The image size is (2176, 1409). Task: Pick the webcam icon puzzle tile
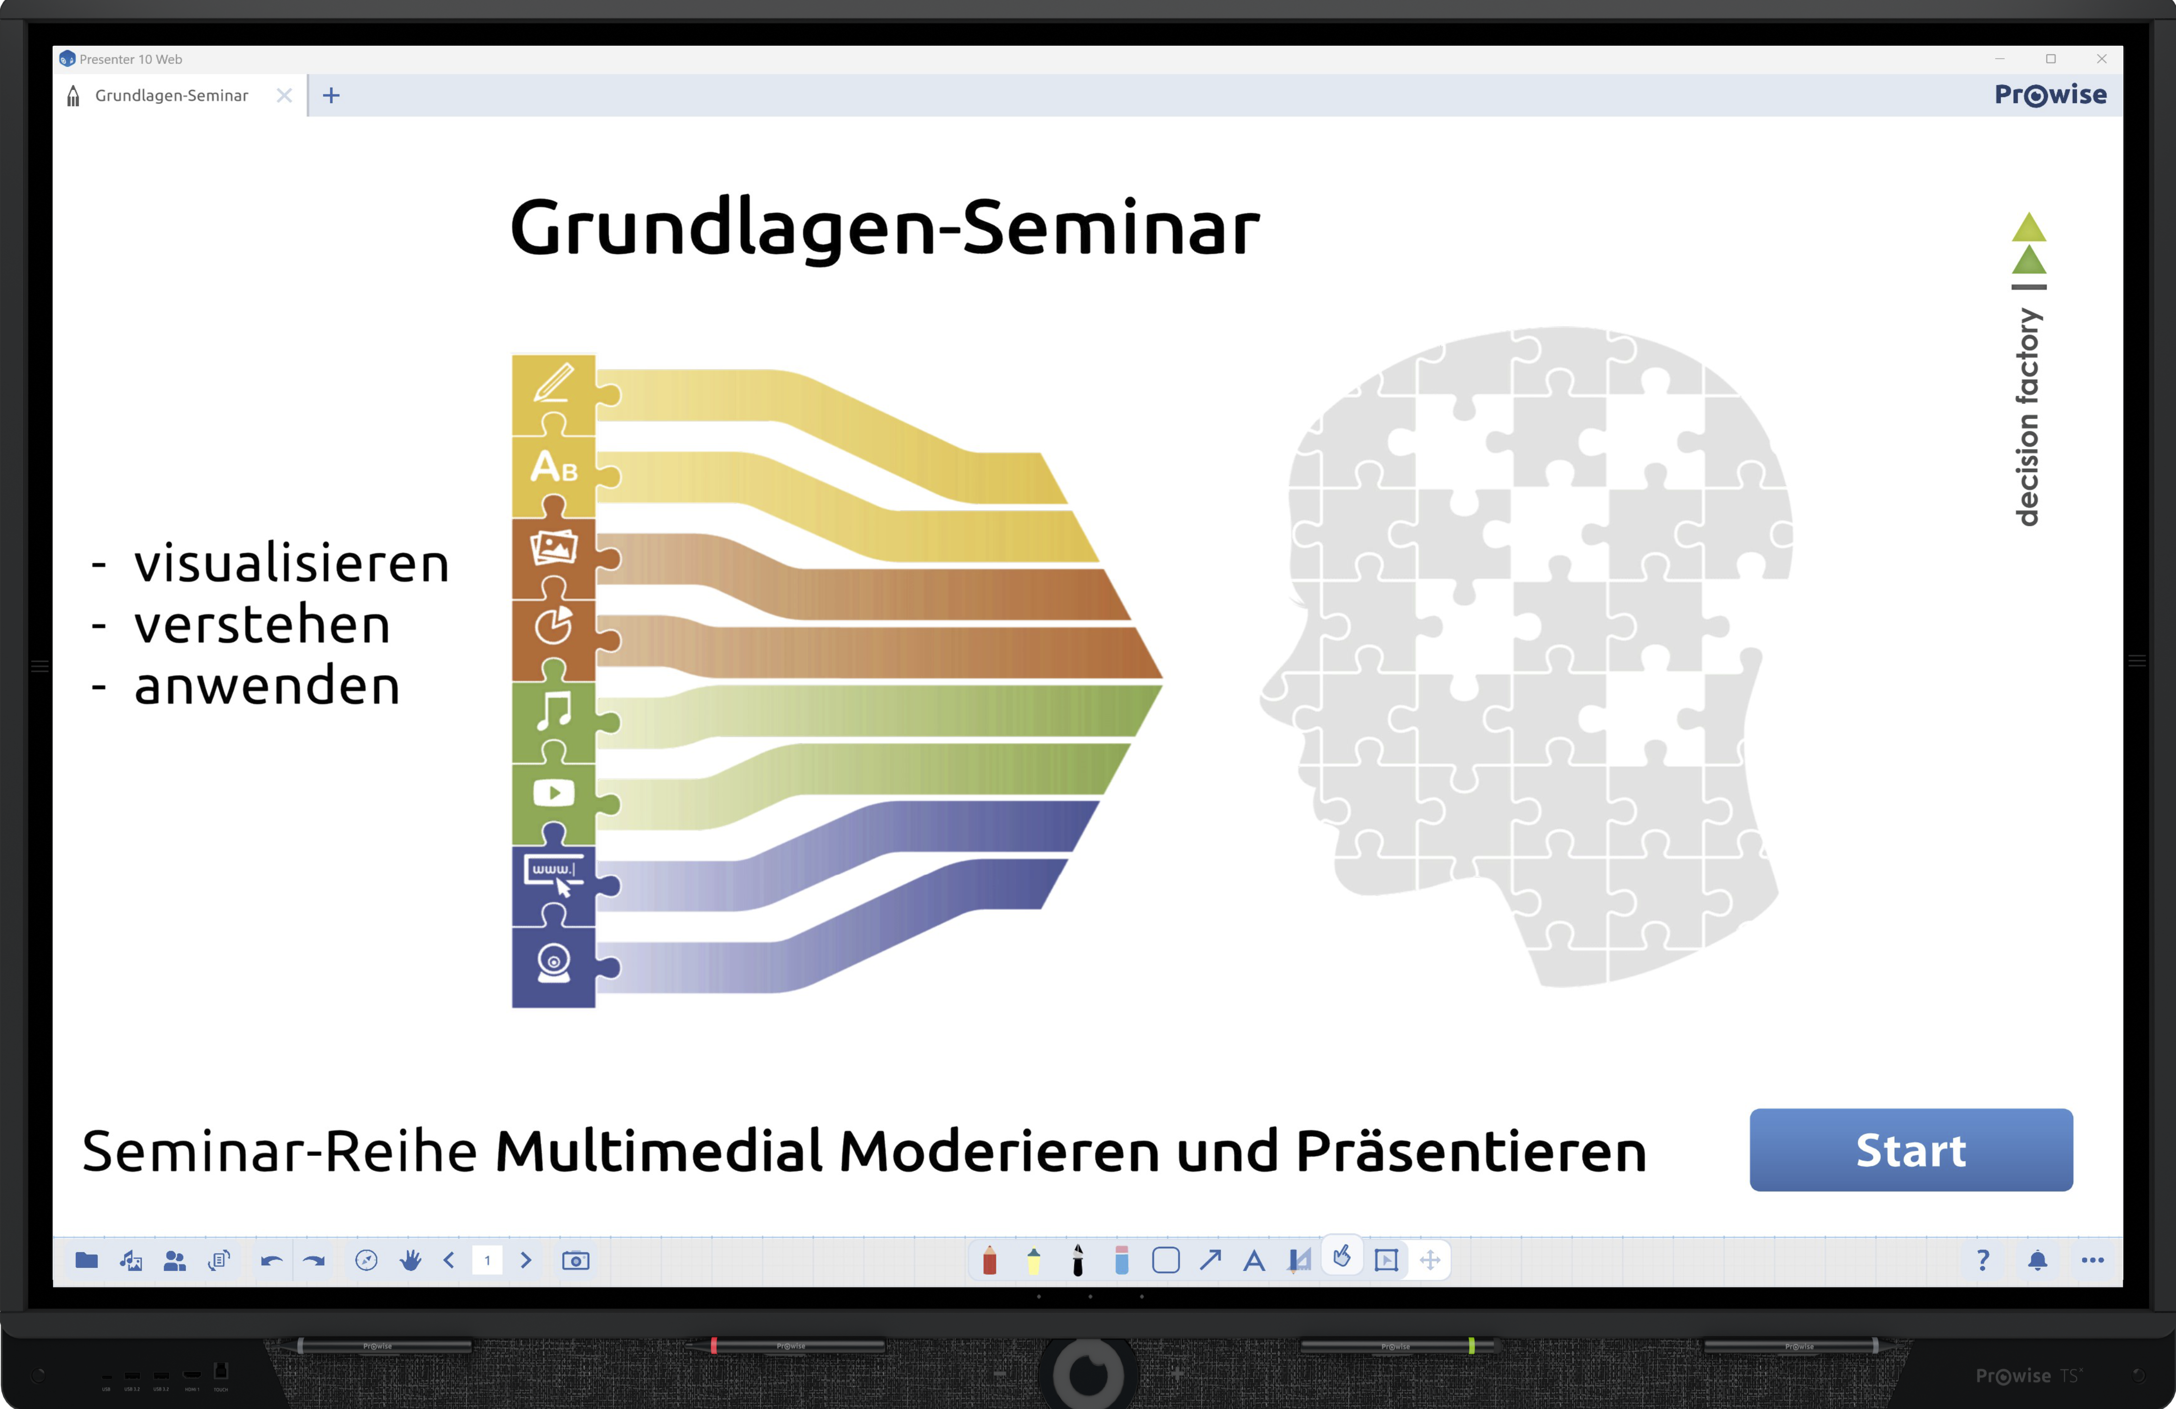coord(554,966)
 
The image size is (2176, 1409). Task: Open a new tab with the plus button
coord(331,95)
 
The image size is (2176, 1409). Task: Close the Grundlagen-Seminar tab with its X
coord(284,95)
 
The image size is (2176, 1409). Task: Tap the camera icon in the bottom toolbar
coord(575,1261)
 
